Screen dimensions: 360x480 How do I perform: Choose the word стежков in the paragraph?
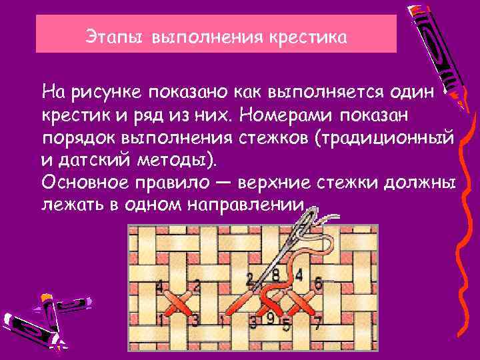pyautogui.click(x=275, y=138)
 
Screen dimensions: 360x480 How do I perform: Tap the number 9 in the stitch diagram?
pyautogui.click(x=269, y=318)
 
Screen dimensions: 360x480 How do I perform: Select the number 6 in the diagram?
pyautogui.click(x=318, y=283)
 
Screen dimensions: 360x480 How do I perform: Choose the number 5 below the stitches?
pyautogui.click(x=287, y=325)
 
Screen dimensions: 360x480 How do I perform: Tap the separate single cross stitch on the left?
pyautogui.click(x=178, y=303)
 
